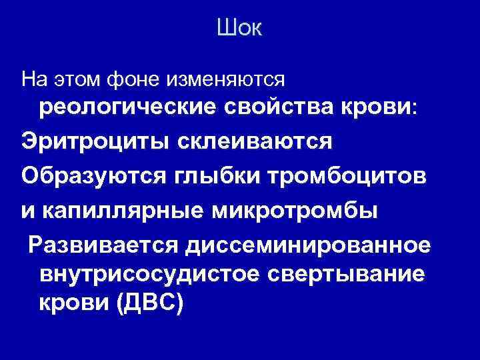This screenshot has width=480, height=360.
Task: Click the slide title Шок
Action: click(x=240, y=29)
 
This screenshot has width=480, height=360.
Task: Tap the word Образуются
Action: click(x=93, y=176)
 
